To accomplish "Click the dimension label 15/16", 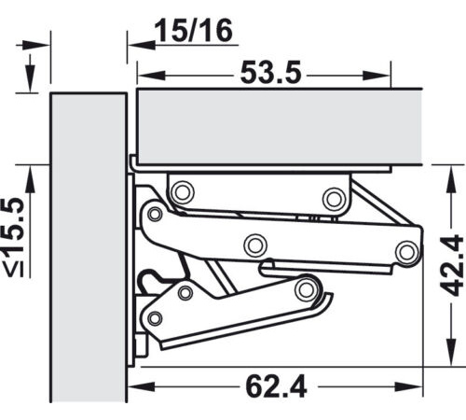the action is point(194,31).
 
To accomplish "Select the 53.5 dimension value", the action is point(271,73).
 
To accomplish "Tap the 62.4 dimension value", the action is point(276,386).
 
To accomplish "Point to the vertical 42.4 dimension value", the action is point(452,265).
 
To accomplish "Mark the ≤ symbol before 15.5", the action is point(15,269).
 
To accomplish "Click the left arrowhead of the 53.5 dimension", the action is point(151,76).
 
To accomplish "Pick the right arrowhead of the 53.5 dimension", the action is point(377,76).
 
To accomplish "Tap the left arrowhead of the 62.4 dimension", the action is point(142,387).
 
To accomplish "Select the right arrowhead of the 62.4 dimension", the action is point(408,387).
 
